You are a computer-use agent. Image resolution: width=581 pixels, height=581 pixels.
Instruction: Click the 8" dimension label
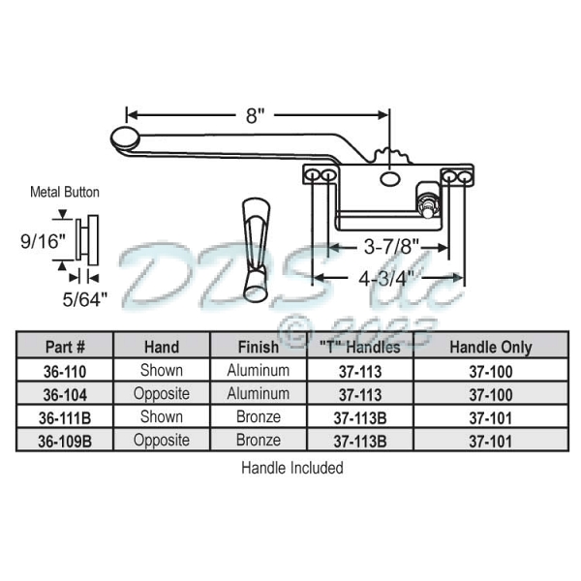coord(255,116)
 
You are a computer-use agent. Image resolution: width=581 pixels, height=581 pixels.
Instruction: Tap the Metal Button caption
coord(65,192)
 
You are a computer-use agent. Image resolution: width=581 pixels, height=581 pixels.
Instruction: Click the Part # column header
coord(66,346)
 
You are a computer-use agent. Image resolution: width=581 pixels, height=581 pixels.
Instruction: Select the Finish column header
coord(258,346)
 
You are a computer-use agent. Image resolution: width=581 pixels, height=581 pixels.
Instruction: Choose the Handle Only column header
coord(488,346)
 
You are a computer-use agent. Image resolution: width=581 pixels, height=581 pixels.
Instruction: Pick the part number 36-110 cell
coord(66,370)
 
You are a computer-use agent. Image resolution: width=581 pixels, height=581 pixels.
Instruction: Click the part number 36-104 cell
coord(66,394)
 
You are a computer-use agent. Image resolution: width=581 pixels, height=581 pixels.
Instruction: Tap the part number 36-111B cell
coord(66,417)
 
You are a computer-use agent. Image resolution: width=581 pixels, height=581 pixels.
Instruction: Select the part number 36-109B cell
coord(66,441)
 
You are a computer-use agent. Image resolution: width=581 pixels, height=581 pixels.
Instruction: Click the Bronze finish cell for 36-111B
coord(258,417)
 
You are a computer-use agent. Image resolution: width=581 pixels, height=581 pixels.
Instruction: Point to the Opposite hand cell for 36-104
coord(162,394)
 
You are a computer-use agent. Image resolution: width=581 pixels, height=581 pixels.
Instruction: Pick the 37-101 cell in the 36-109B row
coord(488,441)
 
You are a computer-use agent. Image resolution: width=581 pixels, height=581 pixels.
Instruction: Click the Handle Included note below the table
coord(291,468)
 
